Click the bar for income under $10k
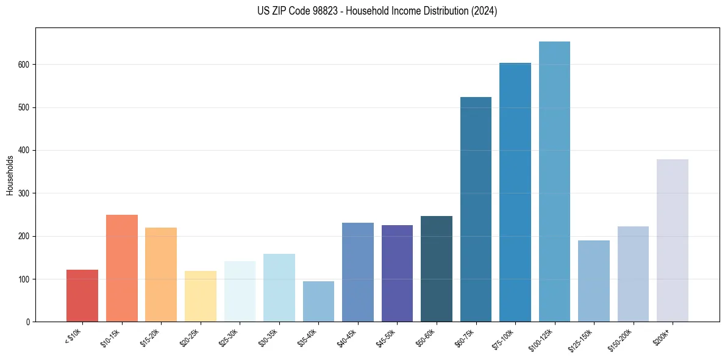(82, 295)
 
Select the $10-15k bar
(121, 268)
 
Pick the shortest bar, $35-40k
(318, 301)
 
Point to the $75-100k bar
(515, 192)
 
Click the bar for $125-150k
(593, 281)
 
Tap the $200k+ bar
(672, 240)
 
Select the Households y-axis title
(10, 175)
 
